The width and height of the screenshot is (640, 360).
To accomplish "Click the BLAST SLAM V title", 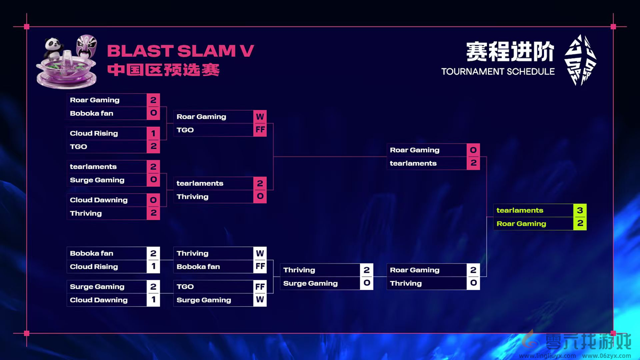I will coord(180,51).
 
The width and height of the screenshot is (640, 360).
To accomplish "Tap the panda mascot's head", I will coord(54,45).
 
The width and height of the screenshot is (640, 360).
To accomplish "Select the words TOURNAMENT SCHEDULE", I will coord(498,71).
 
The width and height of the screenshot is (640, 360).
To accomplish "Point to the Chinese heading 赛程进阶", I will coord(510,52).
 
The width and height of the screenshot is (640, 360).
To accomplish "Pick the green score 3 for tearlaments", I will coord(580,210).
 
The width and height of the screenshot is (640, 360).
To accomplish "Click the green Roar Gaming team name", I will coord(521,224).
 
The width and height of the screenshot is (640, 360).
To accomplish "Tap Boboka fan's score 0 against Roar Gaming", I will coord(153,113).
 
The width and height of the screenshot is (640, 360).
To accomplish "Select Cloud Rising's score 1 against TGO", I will coord(153,133).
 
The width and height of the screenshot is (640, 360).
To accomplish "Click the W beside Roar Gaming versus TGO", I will coord(260,116).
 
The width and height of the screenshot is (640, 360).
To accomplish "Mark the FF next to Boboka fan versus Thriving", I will coord(260,267).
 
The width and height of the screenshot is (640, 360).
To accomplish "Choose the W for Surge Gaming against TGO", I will coord(260,300).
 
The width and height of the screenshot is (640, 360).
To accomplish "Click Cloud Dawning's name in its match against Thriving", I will coord(99,200).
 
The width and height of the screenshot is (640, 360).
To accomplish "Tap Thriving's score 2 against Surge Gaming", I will coord(366,270).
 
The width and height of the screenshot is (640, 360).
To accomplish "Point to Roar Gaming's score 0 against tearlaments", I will coord(473,150).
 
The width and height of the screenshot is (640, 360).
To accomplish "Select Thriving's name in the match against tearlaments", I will coord(193,197).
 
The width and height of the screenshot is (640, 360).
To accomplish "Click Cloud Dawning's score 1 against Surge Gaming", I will coord(153,300).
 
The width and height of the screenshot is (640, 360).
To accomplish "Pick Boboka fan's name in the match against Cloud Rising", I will coord(91,253).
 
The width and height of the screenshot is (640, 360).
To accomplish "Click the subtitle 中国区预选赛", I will coord(163,70).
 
